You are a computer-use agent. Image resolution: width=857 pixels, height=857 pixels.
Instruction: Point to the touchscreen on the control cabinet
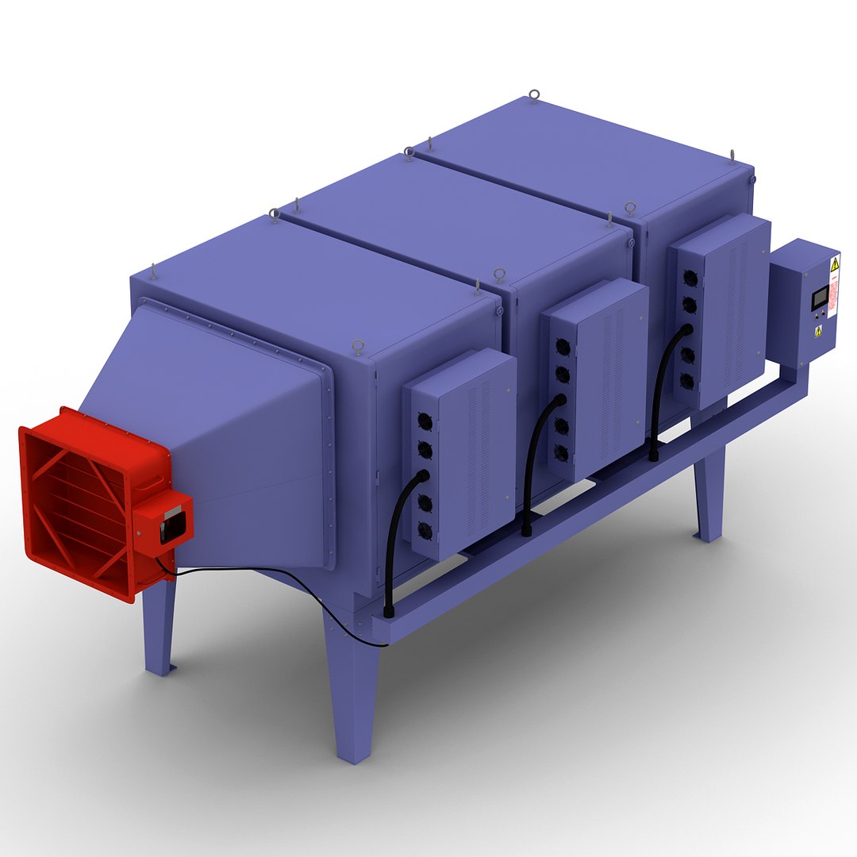820,298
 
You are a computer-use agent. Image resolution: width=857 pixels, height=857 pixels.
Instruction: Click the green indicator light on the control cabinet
817,317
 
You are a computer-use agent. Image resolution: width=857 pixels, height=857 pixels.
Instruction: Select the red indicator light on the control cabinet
824,313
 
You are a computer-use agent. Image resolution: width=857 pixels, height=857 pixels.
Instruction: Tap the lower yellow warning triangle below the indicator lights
818,332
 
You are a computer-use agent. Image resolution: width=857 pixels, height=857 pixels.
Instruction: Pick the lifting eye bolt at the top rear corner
534,95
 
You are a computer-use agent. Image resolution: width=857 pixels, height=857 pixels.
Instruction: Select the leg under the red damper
159,627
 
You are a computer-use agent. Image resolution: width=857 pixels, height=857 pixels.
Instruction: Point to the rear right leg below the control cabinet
709,496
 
